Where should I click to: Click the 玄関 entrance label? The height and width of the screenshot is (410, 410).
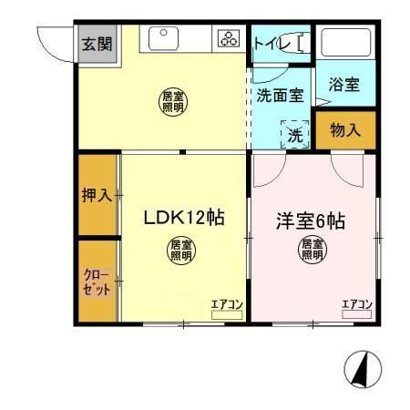point(97,44)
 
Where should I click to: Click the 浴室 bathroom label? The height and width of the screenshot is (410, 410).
point(344,85)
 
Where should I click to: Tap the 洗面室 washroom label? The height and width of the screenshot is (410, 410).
point(279,95)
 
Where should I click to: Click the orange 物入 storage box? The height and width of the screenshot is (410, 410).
point(344,130)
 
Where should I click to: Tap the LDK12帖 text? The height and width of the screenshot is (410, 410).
point(184,219)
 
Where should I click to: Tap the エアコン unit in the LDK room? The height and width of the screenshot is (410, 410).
point(227,309)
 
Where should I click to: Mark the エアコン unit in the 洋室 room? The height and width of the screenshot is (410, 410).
point(356,309)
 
